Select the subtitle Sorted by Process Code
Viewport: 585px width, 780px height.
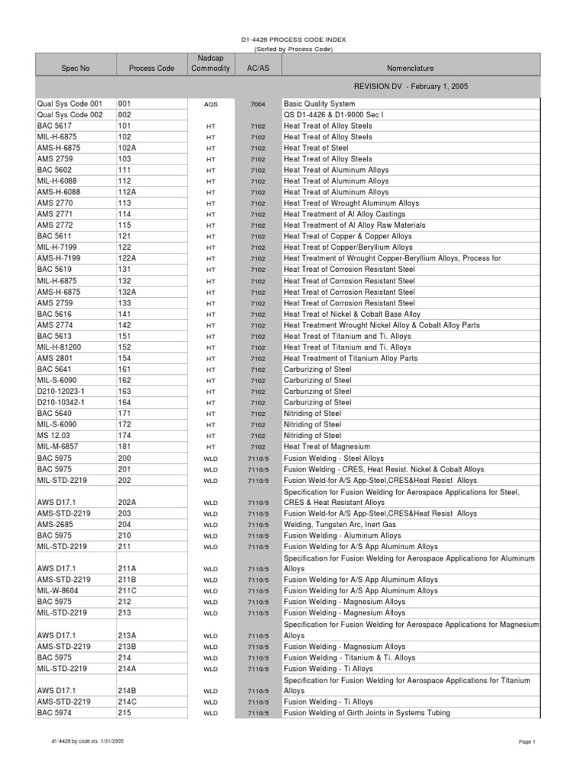coord(293,49)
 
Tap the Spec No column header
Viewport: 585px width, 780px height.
coord(75,69)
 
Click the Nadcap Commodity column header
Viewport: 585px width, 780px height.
coord(210,63)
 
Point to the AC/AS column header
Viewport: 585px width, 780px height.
coord(258,69)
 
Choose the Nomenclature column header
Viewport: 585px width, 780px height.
coord(411,69)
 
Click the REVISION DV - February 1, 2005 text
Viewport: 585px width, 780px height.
coord(410,87)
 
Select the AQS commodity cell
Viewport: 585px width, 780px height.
coord(210,104)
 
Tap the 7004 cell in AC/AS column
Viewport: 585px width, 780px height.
coord(258,104)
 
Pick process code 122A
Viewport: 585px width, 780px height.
coord(127,258)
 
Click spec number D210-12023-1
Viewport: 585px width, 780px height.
coord(63,391)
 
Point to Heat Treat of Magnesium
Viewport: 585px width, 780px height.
coord(327,446)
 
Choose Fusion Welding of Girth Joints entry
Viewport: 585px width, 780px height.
coord(366,713)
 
